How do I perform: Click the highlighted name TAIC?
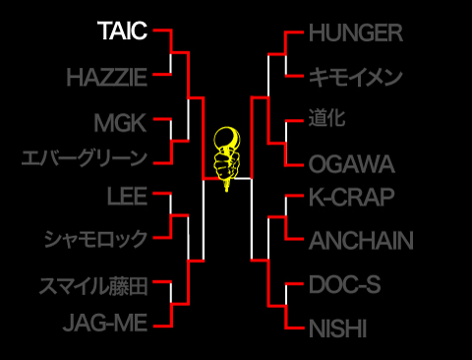(x=122, y=31)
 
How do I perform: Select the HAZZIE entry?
(x=107, y=77)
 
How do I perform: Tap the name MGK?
(x=121, y=123)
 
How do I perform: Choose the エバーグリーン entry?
(x=85, y=157)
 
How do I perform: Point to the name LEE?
(x=128, y=195)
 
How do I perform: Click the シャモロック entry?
(x=95, y=239)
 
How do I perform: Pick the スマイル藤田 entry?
(x=93, y=286)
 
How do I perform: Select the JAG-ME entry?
(x=105, y=322)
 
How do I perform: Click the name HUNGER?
(x=356, y=32)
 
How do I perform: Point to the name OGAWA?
(x=351, y=163)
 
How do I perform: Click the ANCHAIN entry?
(x=361, y=240)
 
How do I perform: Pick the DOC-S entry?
(x=343, y=284)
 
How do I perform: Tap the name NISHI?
(x=338, y=329)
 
